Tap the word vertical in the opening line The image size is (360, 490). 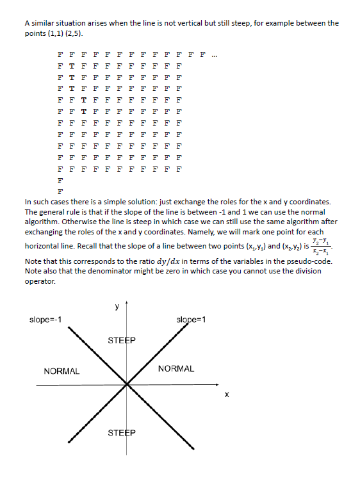(x=178, y=23)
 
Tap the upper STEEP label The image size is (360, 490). (x=122, y=339)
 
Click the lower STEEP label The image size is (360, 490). (x=122, y=433)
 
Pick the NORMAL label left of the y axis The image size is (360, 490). (x=61, y=371)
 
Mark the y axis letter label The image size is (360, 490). (x=117, y=306)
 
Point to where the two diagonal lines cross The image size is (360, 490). (x=127, y=384)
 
